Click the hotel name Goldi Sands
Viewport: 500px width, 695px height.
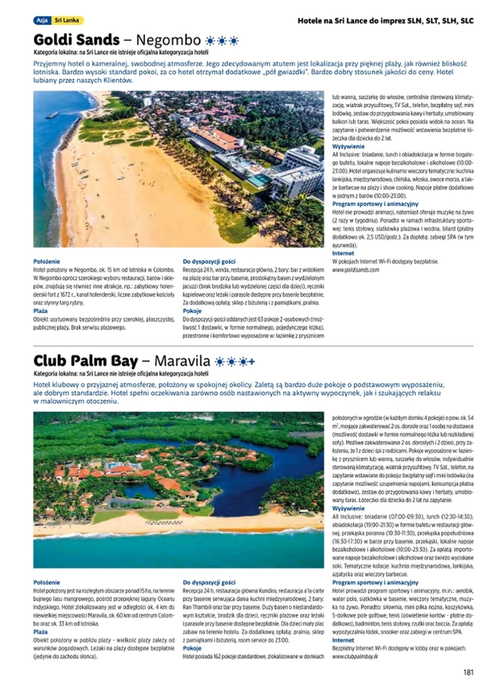77,39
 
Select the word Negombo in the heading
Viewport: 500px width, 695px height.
168,40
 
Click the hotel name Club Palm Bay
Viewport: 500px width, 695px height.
86,361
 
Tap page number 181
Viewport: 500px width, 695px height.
468,673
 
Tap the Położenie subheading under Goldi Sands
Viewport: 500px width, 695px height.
46,261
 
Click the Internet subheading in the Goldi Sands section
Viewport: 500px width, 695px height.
343,253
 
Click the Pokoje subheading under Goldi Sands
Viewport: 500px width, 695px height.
192,310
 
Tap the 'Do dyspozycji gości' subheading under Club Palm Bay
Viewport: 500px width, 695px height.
209,582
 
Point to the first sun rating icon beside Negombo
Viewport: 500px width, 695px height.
211,40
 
